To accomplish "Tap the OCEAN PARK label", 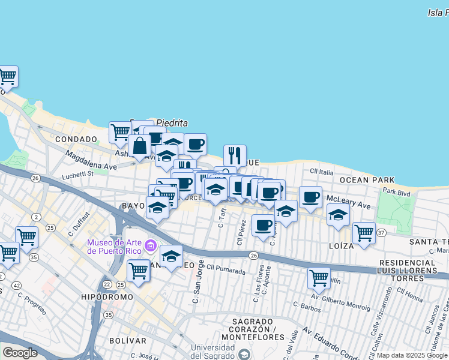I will pos(367,180).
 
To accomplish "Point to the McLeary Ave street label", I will pos(348,205).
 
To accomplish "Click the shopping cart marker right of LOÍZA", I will pos(364,232).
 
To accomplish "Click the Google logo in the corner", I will pos(20,352).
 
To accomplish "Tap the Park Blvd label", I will pos(397,193).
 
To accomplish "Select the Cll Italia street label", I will pos(321,172).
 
